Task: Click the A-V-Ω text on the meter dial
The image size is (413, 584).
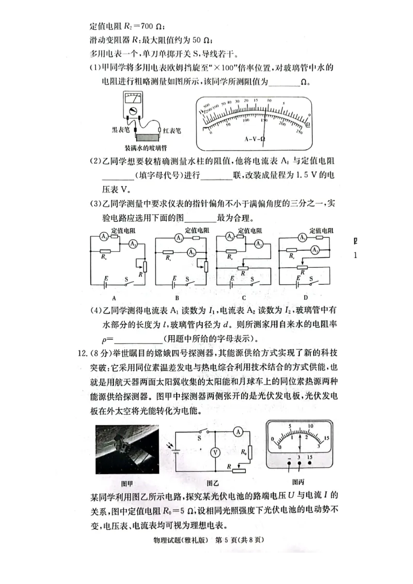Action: [255, 139]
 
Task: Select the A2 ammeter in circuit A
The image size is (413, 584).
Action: [133, 243]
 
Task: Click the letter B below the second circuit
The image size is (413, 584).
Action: [177, 298]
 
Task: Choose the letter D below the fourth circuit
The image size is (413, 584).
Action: [306, 298]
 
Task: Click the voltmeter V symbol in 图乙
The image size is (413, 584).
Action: [217, 451]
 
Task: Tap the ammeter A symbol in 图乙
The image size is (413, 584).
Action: [237, 431]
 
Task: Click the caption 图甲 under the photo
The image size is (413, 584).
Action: [126, 483]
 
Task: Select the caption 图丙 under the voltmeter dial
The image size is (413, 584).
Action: [297, 482]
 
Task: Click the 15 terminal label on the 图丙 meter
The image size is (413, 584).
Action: [309, 457]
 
